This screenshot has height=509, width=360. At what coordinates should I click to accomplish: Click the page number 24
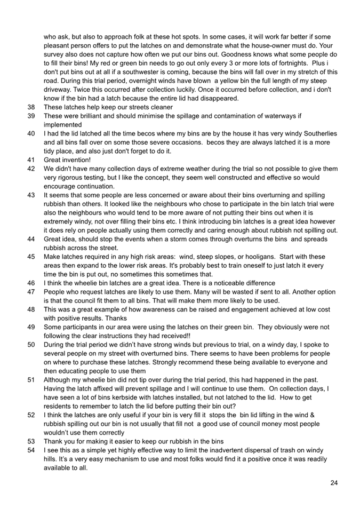click(x=334, y=483)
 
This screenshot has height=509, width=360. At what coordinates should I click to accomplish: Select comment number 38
click(x=31, y=107)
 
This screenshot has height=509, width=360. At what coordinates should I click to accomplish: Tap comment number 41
click(x=31, y=160)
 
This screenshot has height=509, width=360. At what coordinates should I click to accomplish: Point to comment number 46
click(x=31, y=283)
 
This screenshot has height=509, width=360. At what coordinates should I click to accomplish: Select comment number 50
click(x=31, y=345)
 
